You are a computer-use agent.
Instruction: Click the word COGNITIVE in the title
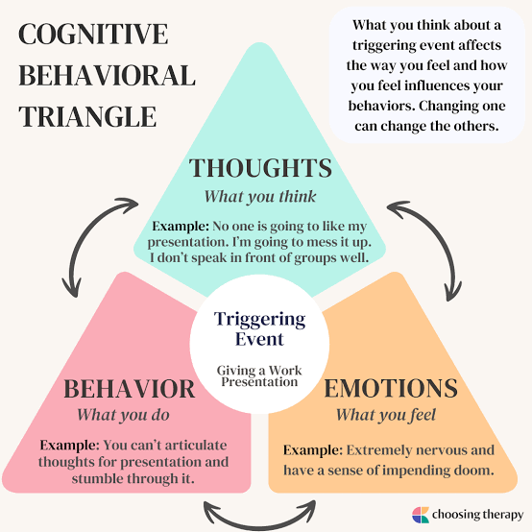pos(93,34)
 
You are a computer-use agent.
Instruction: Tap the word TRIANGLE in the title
pos(87,116)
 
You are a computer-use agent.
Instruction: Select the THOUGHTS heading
pos(260,168)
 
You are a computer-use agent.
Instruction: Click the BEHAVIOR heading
pos(130,389)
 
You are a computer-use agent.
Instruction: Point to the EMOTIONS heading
pos(391,388)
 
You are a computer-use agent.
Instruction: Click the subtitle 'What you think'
pos(260,197)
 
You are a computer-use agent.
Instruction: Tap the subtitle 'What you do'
pos(123,415)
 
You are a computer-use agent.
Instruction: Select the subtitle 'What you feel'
pos(386,415)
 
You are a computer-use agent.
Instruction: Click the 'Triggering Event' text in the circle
pos(259,328)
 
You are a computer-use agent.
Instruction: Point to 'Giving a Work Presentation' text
pos(259,375)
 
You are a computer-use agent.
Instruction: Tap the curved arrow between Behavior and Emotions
pos(260,524)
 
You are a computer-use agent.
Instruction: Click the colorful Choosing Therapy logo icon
pos(421,515)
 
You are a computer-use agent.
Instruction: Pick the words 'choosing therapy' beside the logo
pos(477,515)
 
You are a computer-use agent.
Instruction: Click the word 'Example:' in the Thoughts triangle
pos(181,227)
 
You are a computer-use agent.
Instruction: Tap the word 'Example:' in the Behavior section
pos(69,446)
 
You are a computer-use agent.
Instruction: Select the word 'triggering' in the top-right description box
pos(384,45)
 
